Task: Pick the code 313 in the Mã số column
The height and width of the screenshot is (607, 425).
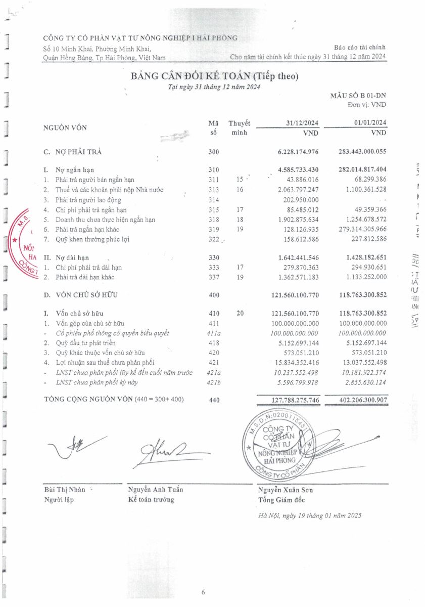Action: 214,190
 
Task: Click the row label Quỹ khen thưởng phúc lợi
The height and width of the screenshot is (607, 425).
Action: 92,239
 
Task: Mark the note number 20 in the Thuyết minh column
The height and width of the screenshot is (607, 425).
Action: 240,314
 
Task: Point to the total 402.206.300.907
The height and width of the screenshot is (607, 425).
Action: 357,400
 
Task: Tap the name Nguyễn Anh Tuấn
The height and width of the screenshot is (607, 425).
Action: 156,489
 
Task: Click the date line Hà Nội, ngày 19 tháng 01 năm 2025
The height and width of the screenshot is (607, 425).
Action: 310,515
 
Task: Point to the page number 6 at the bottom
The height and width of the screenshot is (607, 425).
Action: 203,592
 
